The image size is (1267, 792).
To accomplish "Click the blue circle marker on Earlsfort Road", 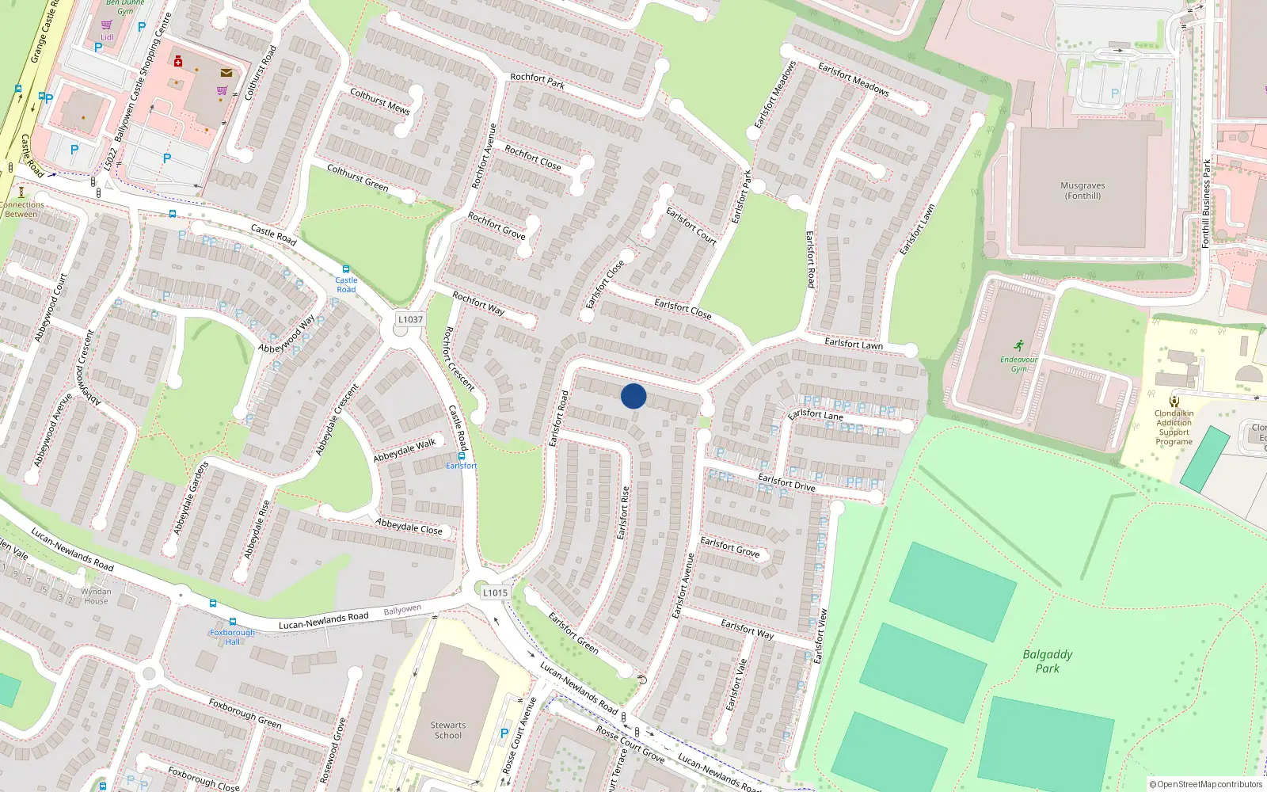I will pos(633,396).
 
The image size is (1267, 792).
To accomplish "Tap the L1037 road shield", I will pos(410,319).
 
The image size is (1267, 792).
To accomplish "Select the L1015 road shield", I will pos(495,592).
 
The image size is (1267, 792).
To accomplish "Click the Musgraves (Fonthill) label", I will pos(1082,191).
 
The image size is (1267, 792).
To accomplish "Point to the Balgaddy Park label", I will pos(1047,661).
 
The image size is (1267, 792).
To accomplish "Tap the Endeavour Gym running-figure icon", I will pos(1018,345).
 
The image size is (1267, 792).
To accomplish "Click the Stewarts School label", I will pos(447,730).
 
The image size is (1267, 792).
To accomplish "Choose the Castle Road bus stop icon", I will pos(346,269).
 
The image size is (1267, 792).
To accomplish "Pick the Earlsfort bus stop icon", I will pos(462,456).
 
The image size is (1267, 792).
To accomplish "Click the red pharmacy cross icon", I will pos(178,61).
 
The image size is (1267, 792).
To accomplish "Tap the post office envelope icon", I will pos(226,73).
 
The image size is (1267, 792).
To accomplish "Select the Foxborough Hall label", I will pos(232,637).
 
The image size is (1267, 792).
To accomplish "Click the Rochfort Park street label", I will pos(537,81).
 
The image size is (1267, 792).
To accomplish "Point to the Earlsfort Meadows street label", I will pos(853,79).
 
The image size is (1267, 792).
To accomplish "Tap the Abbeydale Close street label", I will pos(409,527).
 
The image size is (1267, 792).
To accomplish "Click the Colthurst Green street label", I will pos(357,177).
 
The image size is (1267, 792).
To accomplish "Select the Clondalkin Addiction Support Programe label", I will pos(1174,428).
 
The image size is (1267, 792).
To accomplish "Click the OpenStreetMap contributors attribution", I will pos(1206,784).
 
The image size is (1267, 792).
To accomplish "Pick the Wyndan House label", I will pos(96,596).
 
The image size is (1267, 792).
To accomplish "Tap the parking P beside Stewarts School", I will pos(504,733).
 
